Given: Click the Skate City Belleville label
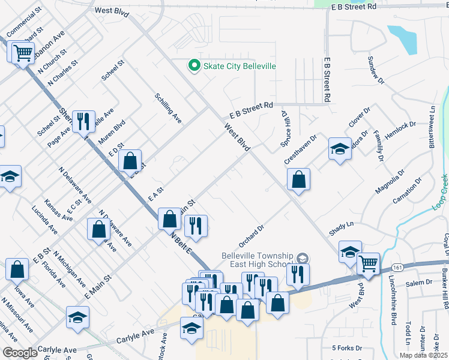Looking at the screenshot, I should point(239,65).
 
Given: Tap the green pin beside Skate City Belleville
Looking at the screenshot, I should point(194,65).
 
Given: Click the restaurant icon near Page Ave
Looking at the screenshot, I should point(83,122).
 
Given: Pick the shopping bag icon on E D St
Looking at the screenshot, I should point(130,161).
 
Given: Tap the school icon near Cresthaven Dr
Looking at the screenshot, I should point(340,149).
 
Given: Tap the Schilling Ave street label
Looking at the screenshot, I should point(168,108).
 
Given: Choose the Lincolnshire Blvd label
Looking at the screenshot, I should point(394,304).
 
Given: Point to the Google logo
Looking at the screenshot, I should point(20,353).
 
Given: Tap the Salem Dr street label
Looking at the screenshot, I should point(420,282).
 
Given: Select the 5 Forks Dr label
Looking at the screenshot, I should point(347,348).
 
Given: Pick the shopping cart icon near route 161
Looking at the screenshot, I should point(368,263).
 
